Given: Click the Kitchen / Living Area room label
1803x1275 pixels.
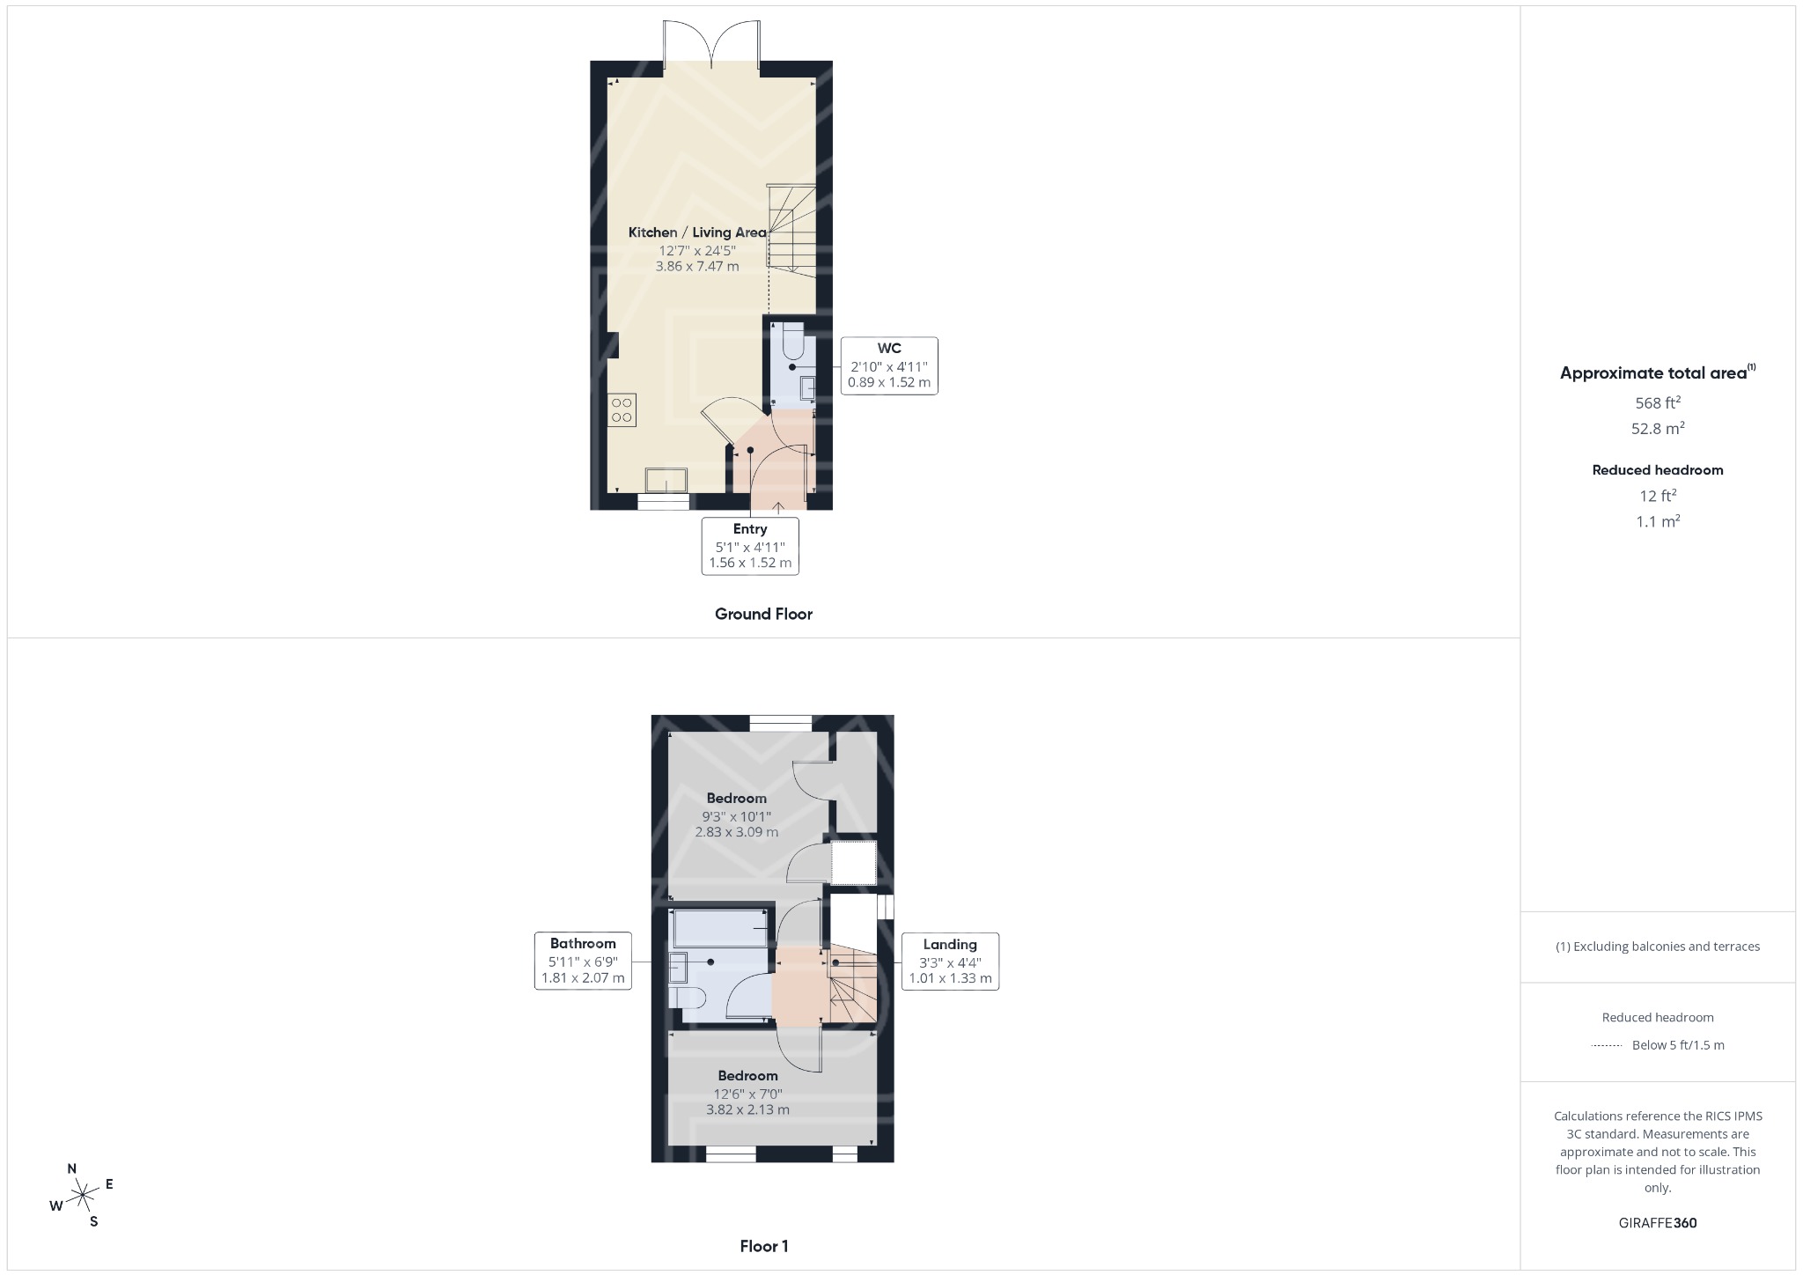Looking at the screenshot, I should click(696, 232).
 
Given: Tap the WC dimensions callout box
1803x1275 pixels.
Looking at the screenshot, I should click(888, 365).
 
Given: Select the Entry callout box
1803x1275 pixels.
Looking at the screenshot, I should click(750, 546).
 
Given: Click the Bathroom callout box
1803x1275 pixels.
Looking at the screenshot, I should click(583, 961).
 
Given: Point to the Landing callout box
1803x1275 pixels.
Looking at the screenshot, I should click(950, 962).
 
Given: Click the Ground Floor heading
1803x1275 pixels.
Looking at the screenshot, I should click(763, 615).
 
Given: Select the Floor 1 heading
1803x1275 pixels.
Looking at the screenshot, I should click(763, 1246).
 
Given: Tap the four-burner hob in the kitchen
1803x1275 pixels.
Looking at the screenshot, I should click(622, 410).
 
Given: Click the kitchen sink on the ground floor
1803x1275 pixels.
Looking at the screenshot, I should click(666, 481).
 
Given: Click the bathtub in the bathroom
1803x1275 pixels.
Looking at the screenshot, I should click(720, 930).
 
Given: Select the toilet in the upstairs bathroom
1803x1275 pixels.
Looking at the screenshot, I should click(686, 998).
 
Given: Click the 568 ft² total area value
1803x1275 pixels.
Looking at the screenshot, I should click(1658, 403).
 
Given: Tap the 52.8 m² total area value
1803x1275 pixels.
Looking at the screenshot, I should click(1658, 429).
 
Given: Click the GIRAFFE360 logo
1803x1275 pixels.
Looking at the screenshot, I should click(1658, 1223).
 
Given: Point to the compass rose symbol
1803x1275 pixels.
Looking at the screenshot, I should click(82, 1195).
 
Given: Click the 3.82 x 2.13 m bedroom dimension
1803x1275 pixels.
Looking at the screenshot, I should click(747, 1109).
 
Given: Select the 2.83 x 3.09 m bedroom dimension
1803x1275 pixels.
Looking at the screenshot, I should click(737, 831).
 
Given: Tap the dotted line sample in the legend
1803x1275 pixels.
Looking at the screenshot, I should click(1607, 1046).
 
